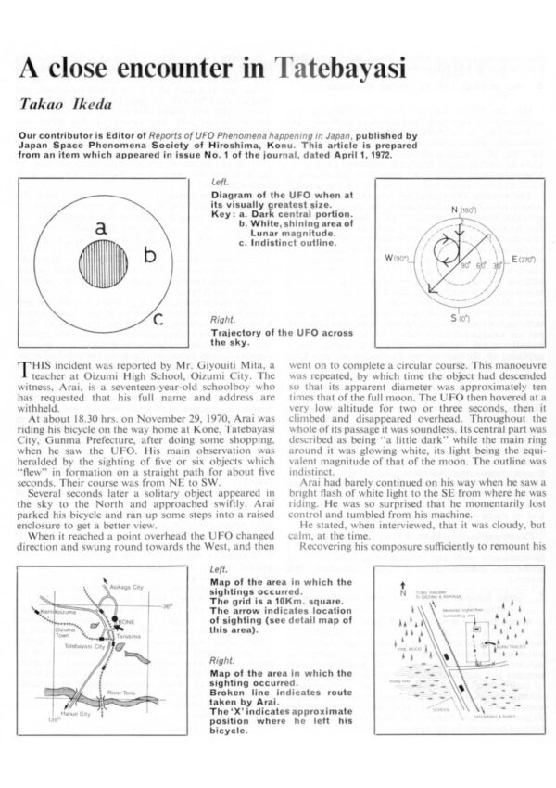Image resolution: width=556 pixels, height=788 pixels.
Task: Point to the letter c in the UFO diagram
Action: pos(158,320)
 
